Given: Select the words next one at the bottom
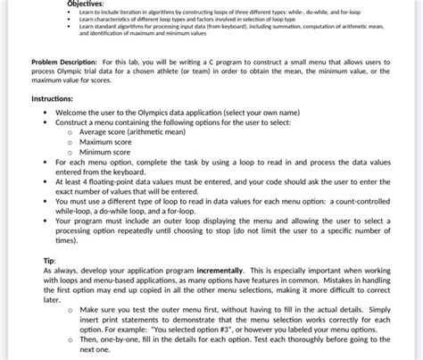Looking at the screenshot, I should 95,350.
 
